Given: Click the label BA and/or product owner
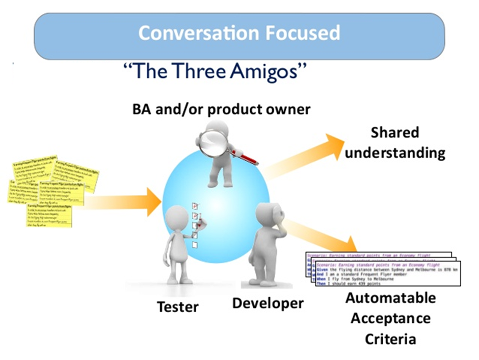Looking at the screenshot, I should (221, 109).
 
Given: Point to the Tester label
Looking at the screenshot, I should (177, 307).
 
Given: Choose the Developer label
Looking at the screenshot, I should (268, 303).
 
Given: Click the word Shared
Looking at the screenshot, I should (394, 133).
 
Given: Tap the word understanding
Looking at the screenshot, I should (395, 152).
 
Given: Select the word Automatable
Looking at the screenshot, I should (391, 298).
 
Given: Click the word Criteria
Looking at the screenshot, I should (390, 339).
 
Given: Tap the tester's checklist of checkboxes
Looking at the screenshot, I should (194, 224).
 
